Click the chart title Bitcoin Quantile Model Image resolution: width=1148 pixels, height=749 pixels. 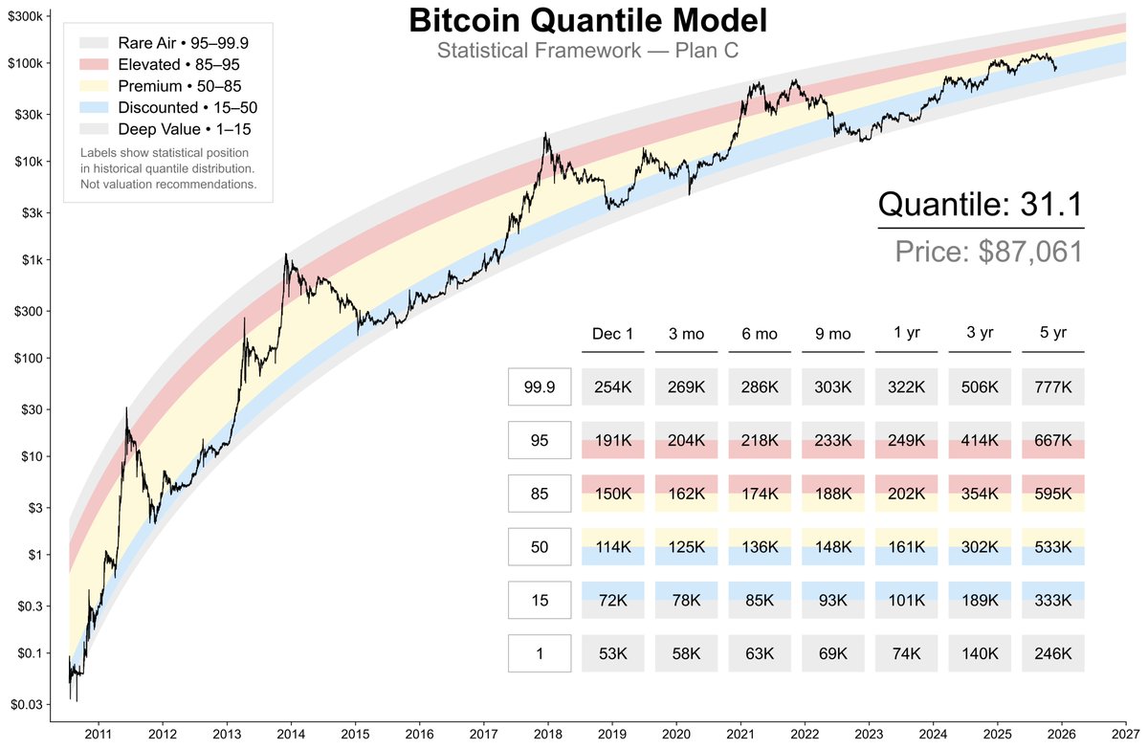[587, 20]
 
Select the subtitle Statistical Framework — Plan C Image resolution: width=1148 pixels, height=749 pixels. [587, 50]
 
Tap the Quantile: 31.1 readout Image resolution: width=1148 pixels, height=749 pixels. [981, 203]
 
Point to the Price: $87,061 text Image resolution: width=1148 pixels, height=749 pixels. [989, 252]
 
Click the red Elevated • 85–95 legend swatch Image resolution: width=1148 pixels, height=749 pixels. [96, 64]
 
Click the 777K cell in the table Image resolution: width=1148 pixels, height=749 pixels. [1053, 387]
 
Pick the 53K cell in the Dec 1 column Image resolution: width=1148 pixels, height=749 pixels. [612, 654]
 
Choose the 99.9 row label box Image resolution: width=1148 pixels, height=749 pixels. [540, 387]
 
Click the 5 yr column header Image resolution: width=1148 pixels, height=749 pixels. [1053, 334]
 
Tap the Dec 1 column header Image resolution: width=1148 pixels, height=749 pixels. [612, 334]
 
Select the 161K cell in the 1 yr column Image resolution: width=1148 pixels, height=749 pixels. [906, 548]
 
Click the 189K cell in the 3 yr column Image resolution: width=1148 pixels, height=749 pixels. [980, 601]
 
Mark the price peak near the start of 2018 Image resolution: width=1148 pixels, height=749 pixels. [545, 134]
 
